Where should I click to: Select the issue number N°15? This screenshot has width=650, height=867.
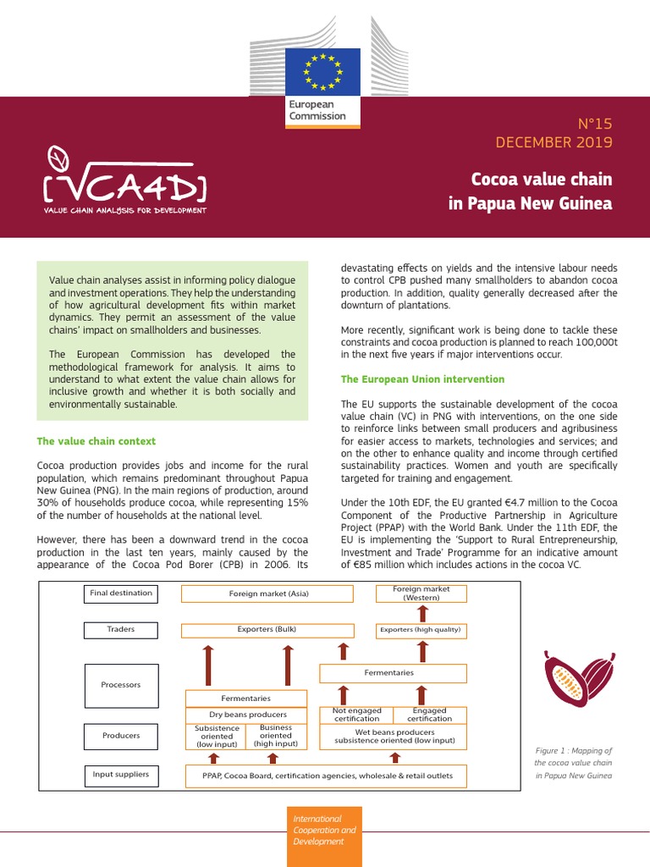(594, 124)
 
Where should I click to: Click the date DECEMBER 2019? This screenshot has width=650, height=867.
(554, 142)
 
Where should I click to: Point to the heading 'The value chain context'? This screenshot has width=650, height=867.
(96, 441)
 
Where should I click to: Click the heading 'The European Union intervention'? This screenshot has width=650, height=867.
(422, 379)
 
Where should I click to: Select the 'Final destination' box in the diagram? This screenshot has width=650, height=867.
(120, 594)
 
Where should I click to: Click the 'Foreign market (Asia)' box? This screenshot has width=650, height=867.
(268, 594)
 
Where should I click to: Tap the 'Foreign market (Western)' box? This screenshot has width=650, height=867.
(421, 593)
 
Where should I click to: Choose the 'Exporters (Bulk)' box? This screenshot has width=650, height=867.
(268, 630)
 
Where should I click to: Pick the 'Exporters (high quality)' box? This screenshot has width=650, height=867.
(421, 630)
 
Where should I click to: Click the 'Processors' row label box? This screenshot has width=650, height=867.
(120, 685)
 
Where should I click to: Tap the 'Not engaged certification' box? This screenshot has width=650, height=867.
(356, 715)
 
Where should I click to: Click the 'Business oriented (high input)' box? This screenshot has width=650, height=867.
(275, 736)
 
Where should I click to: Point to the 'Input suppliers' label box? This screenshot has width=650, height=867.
(120, 774)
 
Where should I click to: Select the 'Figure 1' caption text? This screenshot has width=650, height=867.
(573, 763)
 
